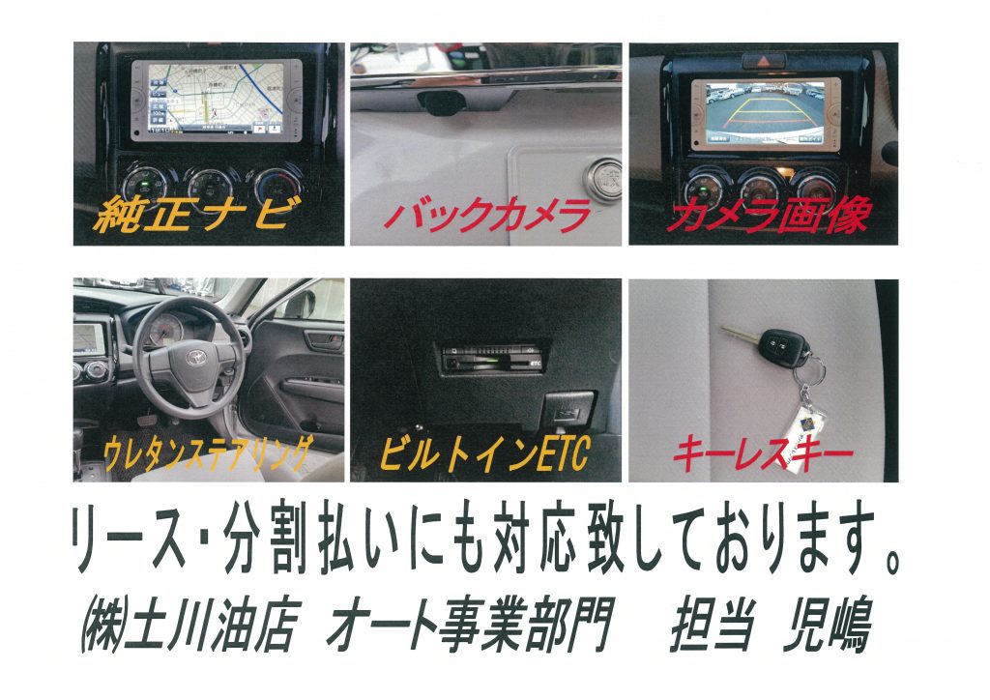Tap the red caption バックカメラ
pyautogui.click(x=487, y=215)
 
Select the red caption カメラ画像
pyautogui.click(x=769, y=215)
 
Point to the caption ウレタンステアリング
pyautogui.click(x=208, y=453)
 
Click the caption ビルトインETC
pyautogui.click(x=485, y=453)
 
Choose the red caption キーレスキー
pyautogui.click(x=763, y=453)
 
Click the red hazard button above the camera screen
pyautogui.click(x=764, y=61)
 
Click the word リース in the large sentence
pyautogui.click(x=130, y=539)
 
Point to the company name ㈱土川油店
pyautogui.click(x=189, y=626)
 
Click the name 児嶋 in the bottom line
pyautogui.click(x=828, y=625)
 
